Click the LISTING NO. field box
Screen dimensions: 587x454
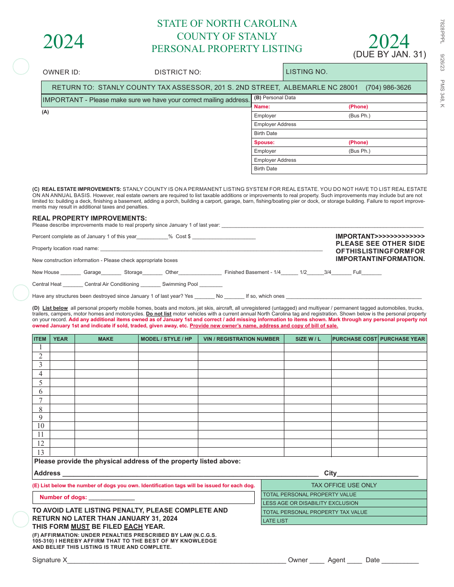point(355,72)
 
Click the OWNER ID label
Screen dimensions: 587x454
point(62,73)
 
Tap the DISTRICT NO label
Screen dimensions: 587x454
point(178,73)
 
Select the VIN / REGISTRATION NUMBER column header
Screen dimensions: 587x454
point(241,339)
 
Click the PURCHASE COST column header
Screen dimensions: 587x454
point(355,339)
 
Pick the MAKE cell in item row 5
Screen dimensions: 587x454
point(106,383)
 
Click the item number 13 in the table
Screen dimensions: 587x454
point(41,452)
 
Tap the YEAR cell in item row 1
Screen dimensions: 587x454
point(62,347)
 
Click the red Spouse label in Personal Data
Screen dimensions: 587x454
point(264,142)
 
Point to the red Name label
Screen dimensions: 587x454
point(262,107)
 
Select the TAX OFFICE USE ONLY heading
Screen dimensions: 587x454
point(344,485)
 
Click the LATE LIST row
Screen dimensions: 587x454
point(344,521)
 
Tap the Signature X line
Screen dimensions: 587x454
point(177,561)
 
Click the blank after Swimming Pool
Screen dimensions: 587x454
point(211,284)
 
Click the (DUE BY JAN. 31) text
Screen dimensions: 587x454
point(389,54)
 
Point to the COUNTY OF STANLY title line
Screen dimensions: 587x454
point(227,36)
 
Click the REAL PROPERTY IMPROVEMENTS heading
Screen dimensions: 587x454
point(89,218)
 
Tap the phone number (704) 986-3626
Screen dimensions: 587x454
point(388,87)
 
